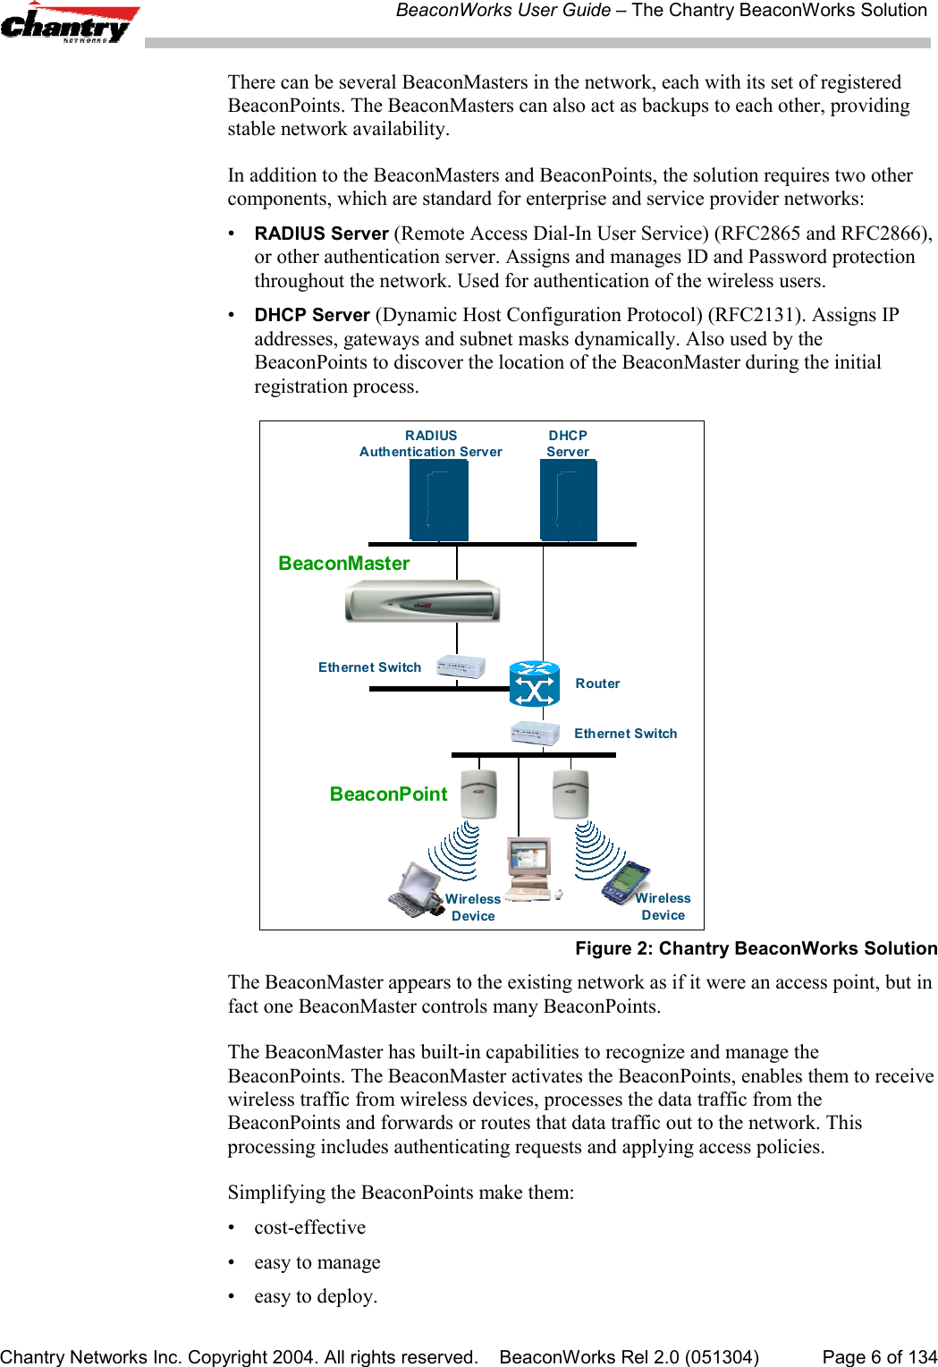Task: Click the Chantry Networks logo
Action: click(x=69, y=23)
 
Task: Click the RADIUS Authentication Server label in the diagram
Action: click(x=430, y=444)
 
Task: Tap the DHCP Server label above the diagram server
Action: click(x=568, y=444)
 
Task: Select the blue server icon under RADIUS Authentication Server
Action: click(x=439, y=500)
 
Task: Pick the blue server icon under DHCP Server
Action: click(x=569, y=500)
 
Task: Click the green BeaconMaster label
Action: click(x=343, y=564)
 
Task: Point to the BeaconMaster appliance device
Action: click(x=422, y=601)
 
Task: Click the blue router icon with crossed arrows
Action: click(x=535, y=684)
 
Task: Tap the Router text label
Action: click(x=597, y=683)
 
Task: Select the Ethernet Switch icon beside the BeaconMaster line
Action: click(x=461, y=667)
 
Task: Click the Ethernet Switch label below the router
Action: click(x=625, y=734)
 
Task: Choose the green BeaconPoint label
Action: click(x=388, y=794)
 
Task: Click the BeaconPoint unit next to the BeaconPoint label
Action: click(x=479, y=794)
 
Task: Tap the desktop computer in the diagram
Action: click(x=529, y=868)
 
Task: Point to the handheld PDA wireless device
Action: click(x=625, y=883)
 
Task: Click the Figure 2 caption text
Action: click(x=756, y=948)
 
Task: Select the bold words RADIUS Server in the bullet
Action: click(x=321, y=233)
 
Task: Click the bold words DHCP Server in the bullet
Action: click(x=312, y=315)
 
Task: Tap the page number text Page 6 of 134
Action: click(x=879, y=1356)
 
